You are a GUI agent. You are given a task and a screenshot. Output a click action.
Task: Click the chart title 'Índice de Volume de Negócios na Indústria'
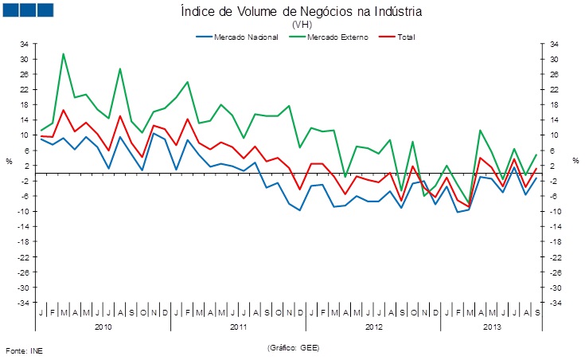click(300, 12)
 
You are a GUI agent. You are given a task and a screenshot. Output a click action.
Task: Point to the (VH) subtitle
click(302, 25)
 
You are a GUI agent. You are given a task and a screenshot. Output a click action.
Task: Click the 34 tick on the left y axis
click(24, 44)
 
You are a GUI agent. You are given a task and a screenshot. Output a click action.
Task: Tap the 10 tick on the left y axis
click(24, 135)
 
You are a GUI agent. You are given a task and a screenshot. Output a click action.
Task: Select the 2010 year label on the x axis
click(103, 327)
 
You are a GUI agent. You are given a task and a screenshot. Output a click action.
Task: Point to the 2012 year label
click(373, 327)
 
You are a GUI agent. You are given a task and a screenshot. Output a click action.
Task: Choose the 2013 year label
click(491, 327)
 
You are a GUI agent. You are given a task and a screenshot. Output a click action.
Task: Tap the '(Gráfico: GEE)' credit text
click(294, 348)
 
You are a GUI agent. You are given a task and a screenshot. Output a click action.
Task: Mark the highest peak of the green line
click(64, 54)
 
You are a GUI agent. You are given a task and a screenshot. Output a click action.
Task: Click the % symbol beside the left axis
click(10, 162)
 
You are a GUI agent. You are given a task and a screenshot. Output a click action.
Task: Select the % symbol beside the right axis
click(575, 162)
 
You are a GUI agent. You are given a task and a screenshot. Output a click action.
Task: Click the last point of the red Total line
click(536, 169)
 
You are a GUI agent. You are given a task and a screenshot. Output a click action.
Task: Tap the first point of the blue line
click(41, 139)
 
